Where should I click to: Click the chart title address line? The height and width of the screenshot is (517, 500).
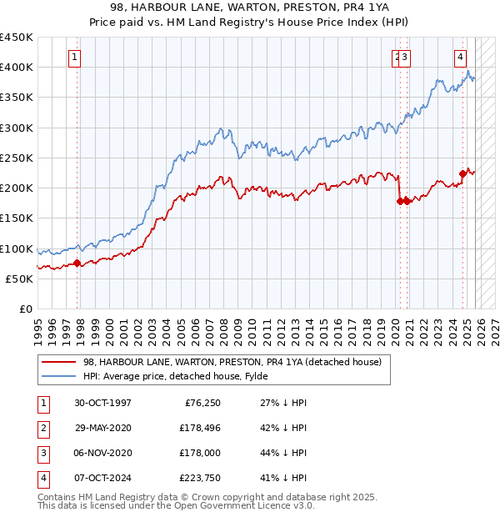pyautogui.click(x=249, y=8)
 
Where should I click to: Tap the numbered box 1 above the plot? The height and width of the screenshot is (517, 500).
pyautogui.click(x=75, y=58)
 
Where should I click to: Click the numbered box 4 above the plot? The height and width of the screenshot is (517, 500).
pyautogui.click(x=459, y=58)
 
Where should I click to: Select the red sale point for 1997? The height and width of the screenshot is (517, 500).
pyautogui.click(x=77, y=264)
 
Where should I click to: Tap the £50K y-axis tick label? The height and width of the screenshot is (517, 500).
pyautogui.click(x=20, y=279)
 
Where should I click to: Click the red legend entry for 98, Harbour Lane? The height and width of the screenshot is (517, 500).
pyautogui.click(x=232, y=362)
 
